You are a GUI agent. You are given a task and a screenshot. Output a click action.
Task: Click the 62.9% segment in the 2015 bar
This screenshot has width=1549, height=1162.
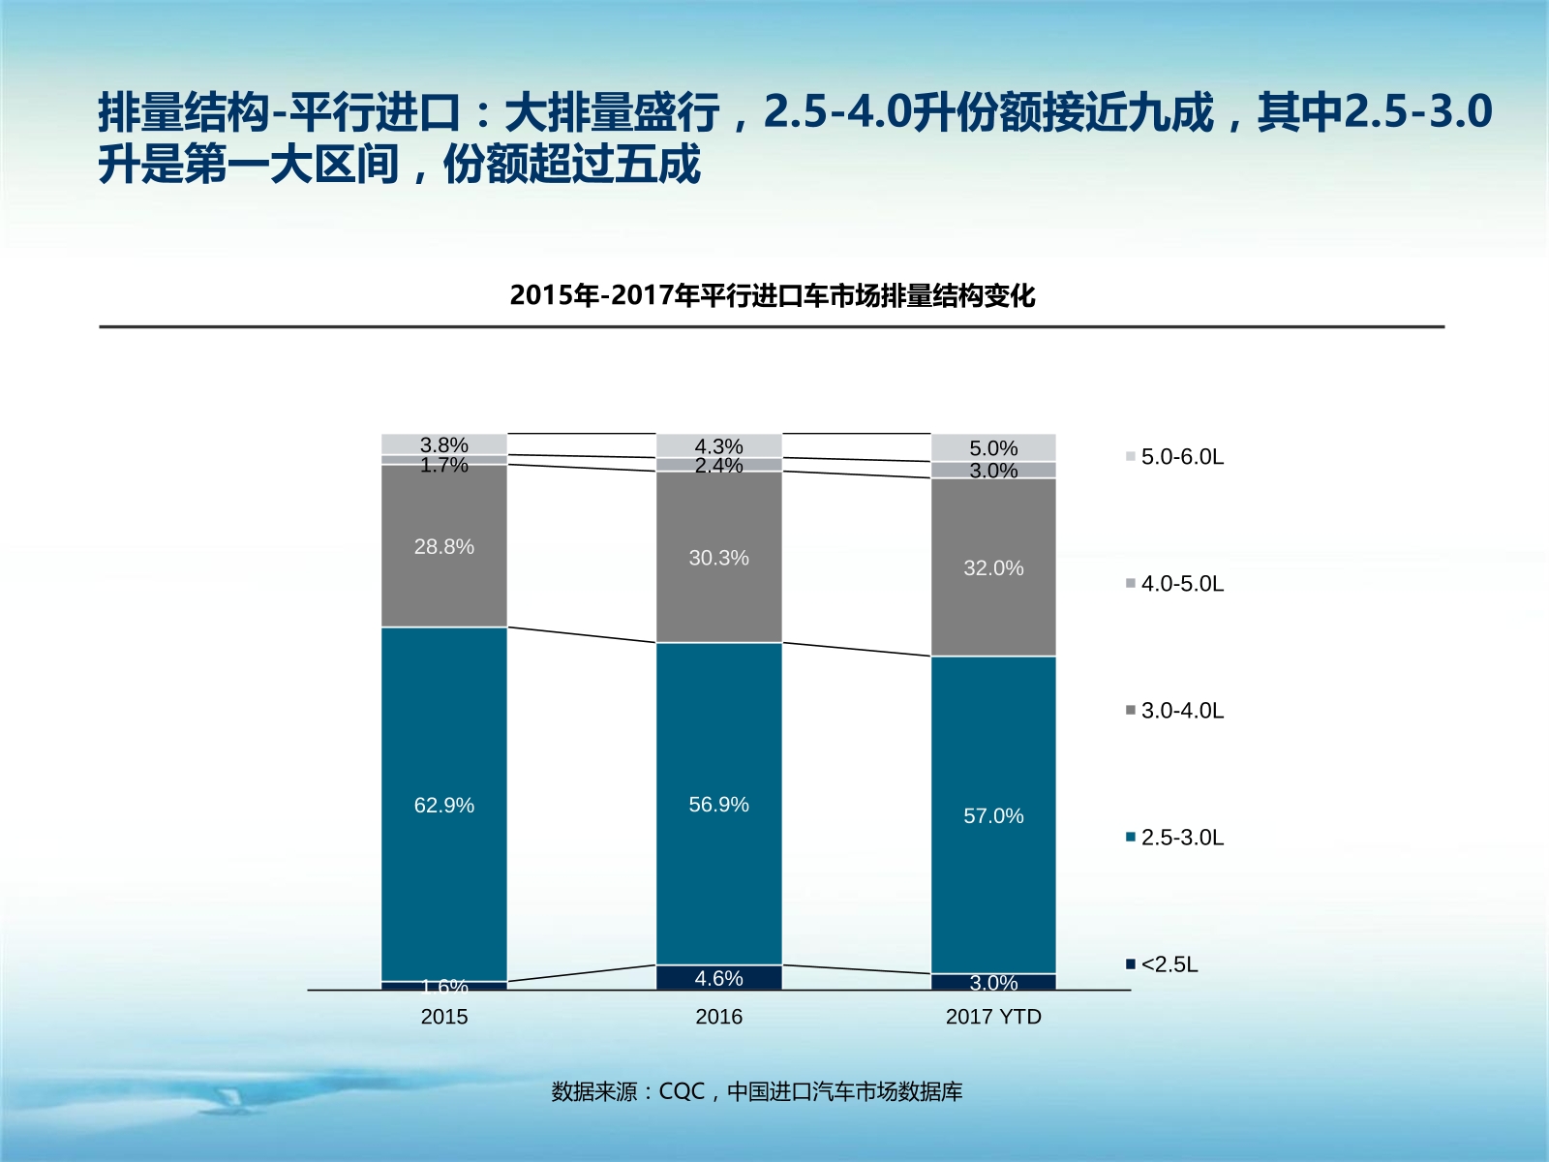coord(443,805)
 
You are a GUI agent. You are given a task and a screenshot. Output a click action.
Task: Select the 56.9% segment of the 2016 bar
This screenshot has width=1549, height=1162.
coord(718,804)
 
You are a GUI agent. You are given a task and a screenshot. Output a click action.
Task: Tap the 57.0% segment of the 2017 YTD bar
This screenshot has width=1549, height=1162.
coord(993,815)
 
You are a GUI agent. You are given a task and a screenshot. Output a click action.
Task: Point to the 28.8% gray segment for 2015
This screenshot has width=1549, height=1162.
coord(443,546)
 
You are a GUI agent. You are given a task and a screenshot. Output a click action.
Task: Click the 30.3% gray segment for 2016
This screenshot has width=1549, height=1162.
coord(718,558)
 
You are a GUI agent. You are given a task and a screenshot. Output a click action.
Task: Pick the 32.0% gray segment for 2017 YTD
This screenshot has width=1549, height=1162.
coord(993,567)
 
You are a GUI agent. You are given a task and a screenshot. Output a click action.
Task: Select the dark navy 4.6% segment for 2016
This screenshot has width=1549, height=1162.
coord(718,978)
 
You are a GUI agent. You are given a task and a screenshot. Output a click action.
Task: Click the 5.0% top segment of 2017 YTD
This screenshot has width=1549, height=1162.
coord(993,447)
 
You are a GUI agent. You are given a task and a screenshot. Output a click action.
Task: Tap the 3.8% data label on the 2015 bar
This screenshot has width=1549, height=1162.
coord(443,444)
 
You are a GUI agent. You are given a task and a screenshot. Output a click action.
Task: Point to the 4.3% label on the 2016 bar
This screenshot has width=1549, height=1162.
coord(718,446)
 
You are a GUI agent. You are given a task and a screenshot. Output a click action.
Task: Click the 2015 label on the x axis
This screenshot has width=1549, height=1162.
coord(443,1017)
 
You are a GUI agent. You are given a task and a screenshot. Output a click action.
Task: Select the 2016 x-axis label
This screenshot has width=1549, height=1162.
coord(718,1017)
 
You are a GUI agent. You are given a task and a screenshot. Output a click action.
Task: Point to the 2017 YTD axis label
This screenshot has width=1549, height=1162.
coord(993,1017)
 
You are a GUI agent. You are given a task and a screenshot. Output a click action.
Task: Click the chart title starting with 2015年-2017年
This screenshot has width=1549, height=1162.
coord(772,295)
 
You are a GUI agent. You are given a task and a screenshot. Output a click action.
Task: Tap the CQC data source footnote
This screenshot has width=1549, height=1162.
coord(756,1091)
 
